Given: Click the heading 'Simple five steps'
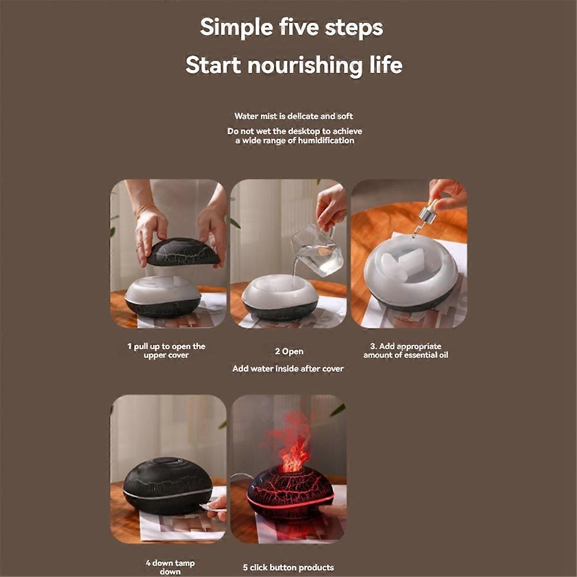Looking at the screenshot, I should pos(291,27).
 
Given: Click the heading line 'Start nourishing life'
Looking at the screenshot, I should pos(294,65).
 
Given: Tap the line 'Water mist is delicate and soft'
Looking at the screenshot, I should pos(293,116).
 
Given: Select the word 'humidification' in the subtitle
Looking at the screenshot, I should pos(326,140).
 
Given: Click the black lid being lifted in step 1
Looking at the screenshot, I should pos(183,252).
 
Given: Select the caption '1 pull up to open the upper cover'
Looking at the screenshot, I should pos(166,351).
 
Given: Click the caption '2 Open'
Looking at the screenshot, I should pos(289,351).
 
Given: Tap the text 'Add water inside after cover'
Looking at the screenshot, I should pos(288,369).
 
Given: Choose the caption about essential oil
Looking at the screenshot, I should pos(406,351).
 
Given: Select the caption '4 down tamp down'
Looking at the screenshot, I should pos(170,567).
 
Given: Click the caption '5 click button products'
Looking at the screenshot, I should pos(288,568).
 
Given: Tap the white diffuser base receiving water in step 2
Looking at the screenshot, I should pos(279,293).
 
